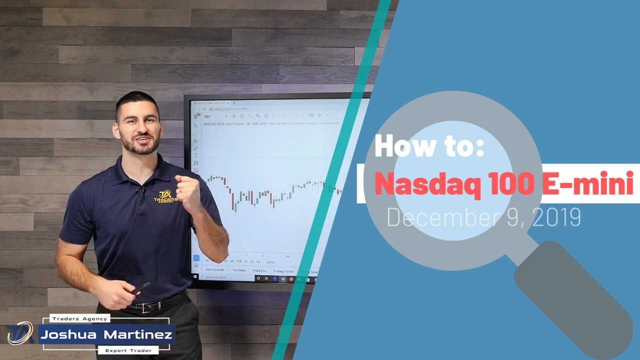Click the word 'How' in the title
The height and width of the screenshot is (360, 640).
pos(398,146)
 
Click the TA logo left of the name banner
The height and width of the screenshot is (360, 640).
pos(20,333)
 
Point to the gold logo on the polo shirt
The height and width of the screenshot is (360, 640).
pos(165,196)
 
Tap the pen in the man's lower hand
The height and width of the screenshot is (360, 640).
pos(139,288)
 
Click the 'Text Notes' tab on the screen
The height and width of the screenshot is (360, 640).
pos(238,270)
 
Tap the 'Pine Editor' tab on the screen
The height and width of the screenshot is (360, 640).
pos(259,270)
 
